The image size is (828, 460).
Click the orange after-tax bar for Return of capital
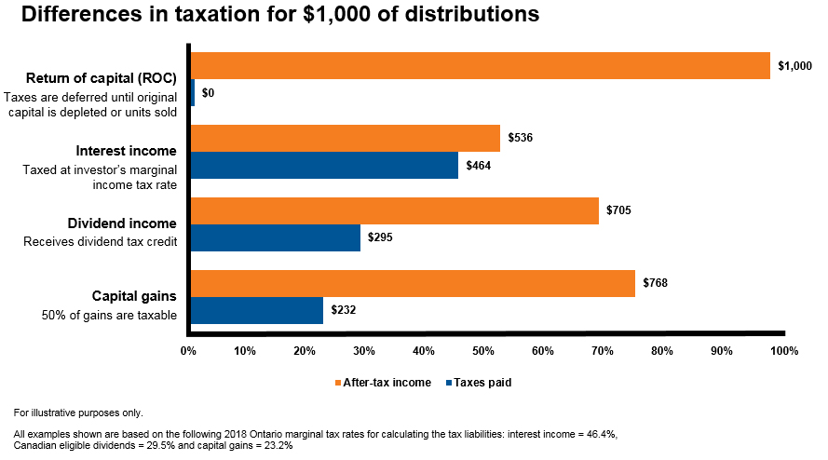pos(480,65)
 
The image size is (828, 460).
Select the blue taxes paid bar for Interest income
pos(324,166)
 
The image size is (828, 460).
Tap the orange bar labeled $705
pos(394,210)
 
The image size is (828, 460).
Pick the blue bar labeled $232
pos(256,310)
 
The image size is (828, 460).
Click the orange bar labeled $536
pos(345,139)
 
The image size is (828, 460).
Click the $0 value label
pos(209,93)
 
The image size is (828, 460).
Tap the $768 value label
pos(657,284)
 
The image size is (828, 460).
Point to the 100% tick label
pos(784,351)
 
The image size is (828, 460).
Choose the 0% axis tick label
pos(188,351)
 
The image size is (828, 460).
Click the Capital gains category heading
pos(134,296)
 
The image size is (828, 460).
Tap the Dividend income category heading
pos(122,223)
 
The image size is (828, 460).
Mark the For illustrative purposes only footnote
pos(78,412)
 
